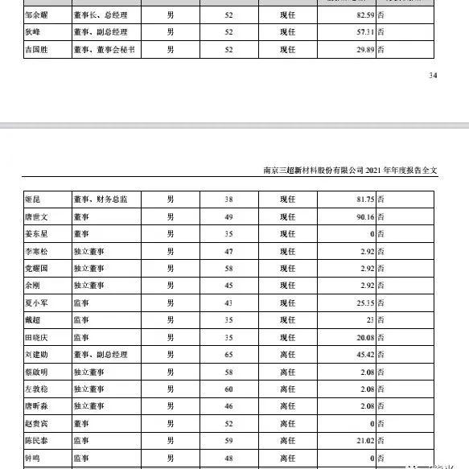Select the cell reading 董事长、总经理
pyautogui.click(x=100, y=14)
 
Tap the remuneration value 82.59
pyautogui.click(x=364, y=14)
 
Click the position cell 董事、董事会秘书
pyautogui.click(x=103, y=48)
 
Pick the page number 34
pyautogui.click(x=434, y=76)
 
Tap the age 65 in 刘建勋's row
pyautogui.click(x=228, y=354)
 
